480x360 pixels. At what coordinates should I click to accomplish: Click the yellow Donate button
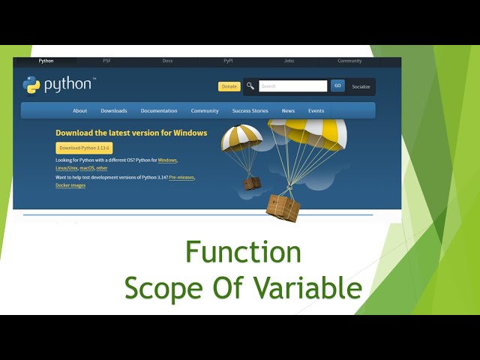pyautogui.click(x=229, y=86)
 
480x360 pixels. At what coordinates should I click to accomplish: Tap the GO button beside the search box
pyautogui.click(x=337, y=86)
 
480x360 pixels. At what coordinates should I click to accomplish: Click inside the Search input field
pyautogui.click(x=292, y=86)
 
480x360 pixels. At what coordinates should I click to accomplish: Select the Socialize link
pyautogui.click(x=361, y=87)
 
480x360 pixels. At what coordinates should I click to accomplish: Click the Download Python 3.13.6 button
pyautogui.click(x=84, y=148)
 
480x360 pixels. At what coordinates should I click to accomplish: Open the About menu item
pyautogui.click(x=79, y=111)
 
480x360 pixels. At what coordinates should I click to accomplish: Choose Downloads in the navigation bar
pyautogui.click(x=114, y=111)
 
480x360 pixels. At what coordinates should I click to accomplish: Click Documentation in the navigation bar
pyautogui.click(x=159, y=111)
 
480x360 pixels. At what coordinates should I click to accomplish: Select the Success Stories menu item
pyautogui.click(x=250, y=111)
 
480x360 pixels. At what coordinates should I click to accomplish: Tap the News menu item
pyautogui.click(x=288, y=111)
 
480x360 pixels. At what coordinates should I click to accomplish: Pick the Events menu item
pyautogui.click(x=316, y=111)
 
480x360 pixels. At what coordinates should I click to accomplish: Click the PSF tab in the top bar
pyautogui.click(x=106, y=61)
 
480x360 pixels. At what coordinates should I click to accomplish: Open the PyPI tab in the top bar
pyautogui.click(x=228, y=61)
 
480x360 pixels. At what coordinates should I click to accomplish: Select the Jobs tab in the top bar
pyautogui.click(x=289, y=61)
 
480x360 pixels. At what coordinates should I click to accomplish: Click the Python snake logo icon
pyautogui.click(x=31, y=85)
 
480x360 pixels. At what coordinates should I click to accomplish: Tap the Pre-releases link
pyautogui.click(x=181, y=177)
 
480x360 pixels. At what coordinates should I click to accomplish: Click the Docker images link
pyautogui.click(x=70, y=185)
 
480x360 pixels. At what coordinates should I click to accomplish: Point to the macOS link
pyautogui.click(x=86, y=169)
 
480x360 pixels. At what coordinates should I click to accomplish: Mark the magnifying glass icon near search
pyautogui.click(x=250, y=86)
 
